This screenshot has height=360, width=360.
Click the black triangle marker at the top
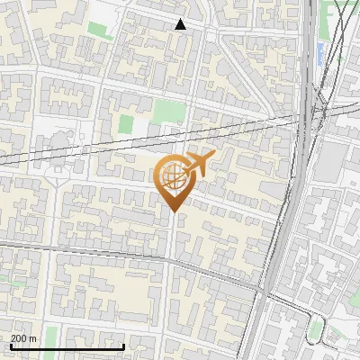click(x=181, y=24)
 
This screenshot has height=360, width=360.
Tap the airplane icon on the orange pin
click(x=195, y=165)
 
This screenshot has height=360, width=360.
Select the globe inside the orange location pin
click(x=172, y=177)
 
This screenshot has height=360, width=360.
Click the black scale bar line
click(x=67, y=346)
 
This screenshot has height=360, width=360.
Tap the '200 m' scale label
click(x=23, y=338)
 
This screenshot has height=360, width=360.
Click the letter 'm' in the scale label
click(x=33, y=338)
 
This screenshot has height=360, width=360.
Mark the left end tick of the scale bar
click(x=11, y=345)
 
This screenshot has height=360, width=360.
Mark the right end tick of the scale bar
click(x=123, y=345)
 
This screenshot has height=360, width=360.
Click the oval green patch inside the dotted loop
click(x=314, y=330)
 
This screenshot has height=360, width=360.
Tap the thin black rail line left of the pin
click(x=72, y=152)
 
